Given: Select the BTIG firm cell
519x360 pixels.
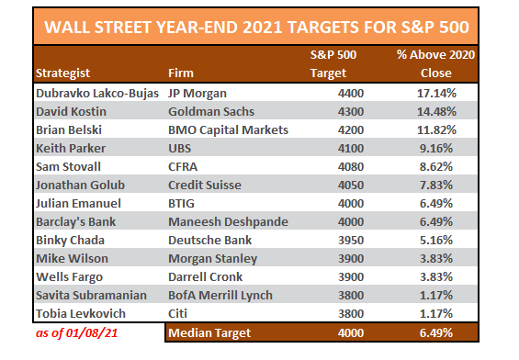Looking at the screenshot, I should click(x=185, y=204).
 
